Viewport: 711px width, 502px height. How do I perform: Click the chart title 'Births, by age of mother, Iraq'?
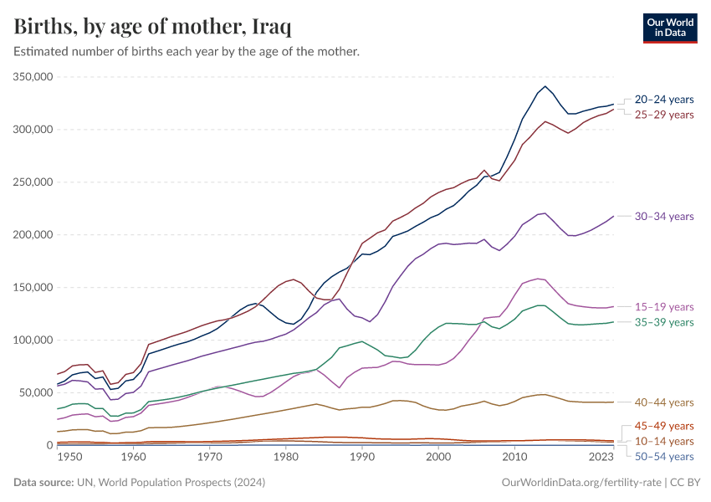(153, 27)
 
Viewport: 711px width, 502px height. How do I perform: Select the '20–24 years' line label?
(664, 99)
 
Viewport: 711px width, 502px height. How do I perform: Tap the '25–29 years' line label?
(664, 114)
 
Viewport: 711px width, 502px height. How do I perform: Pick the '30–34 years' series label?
(664, 216)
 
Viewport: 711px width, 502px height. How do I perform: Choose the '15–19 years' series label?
(664, 307)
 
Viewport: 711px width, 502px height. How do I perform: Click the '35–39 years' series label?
(664, 322)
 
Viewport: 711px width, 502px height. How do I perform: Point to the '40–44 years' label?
(664, 402)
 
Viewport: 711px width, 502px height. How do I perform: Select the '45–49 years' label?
(664, 426)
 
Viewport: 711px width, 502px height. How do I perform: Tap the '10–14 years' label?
(664, 441)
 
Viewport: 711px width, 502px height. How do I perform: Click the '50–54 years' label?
(664, 456)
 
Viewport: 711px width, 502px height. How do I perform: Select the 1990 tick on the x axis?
(362, 458)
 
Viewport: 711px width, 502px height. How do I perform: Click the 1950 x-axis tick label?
(69, 458)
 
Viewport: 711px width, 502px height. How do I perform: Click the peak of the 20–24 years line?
(545, 86)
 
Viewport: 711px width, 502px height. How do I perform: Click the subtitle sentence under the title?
(187, 52)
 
